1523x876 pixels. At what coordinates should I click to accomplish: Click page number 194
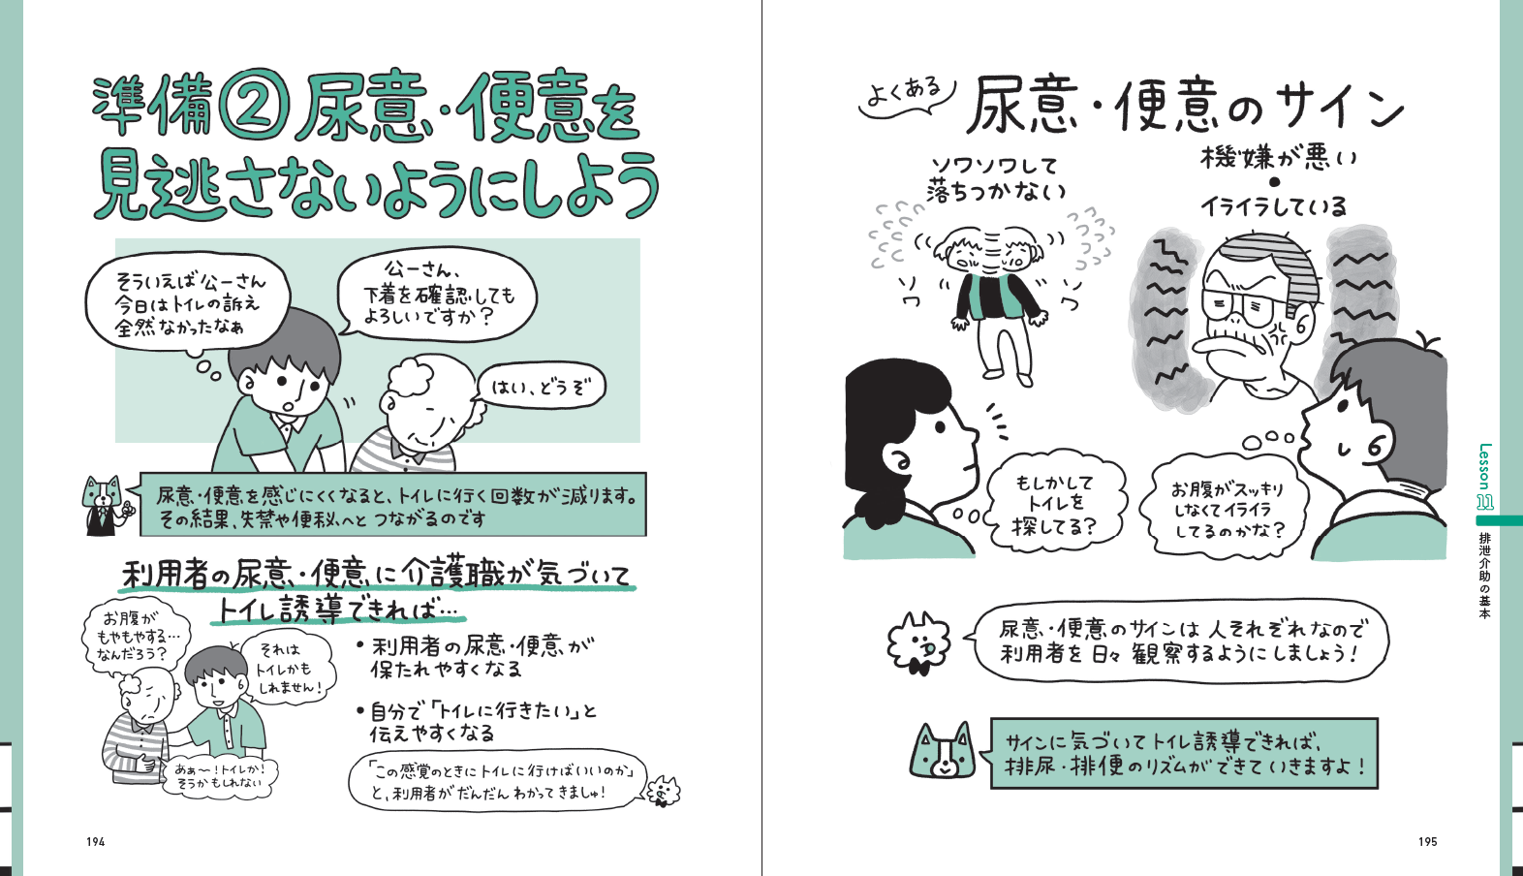click(95, 842)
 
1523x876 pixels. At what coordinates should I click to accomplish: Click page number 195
click(1428, 842)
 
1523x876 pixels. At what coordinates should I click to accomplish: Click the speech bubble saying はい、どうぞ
click(542, 389)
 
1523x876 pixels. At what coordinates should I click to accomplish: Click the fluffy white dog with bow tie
click(917, 642)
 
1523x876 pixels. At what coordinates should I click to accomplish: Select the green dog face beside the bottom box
click(943, 751)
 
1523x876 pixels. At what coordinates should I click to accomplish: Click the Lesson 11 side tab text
click(1485, 476)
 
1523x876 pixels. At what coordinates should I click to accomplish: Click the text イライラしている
click(1273, 206)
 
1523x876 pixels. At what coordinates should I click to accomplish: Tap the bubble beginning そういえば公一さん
click(188, 305)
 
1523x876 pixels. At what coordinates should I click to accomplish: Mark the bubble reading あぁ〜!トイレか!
click(218, 776)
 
